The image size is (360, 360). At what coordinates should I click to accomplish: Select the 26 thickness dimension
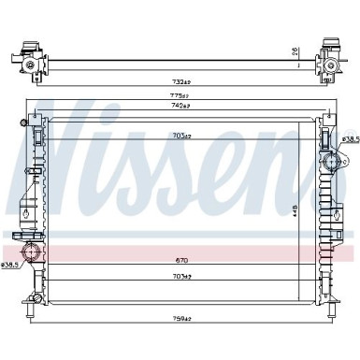coord(295,51)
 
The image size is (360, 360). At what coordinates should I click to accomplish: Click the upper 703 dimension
coord(183,136)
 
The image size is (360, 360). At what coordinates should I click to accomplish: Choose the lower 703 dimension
coord(182,278)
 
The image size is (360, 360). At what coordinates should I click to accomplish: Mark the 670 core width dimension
coord(181,260)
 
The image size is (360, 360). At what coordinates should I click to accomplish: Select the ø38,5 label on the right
coord(349,139)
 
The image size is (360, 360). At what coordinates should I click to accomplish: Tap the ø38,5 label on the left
coord(11,265)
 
